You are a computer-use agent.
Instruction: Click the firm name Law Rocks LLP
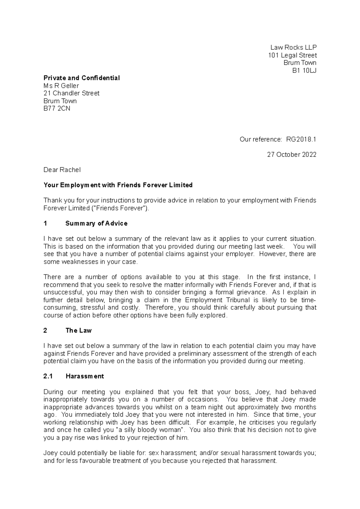pyautogui.click(x=293, y=47)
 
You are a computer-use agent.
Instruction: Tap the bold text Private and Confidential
pyautogui.click(x=82, y=78)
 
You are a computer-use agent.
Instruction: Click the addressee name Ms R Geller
pyautogui.click(x=61, y=86)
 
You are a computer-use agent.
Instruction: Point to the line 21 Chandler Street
pyautogui.click(x=71, y=93)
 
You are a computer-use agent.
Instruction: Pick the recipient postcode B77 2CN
pyautogui.click(x=57, y=109)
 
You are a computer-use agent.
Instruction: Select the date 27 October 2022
pyautogui.click(x=292, y=155)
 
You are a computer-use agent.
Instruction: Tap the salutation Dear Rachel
pyautogui.click(x=62, y=170)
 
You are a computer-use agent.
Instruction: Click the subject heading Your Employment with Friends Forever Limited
pyautogui.click(x=118, y=185)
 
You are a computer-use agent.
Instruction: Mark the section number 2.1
pyautogui.click(x=48, y=376)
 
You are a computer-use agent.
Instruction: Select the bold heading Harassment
pyautogui.click(x=85, y=376)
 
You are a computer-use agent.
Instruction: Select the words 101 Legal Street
pyautogui.click(x=292, y=55)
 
